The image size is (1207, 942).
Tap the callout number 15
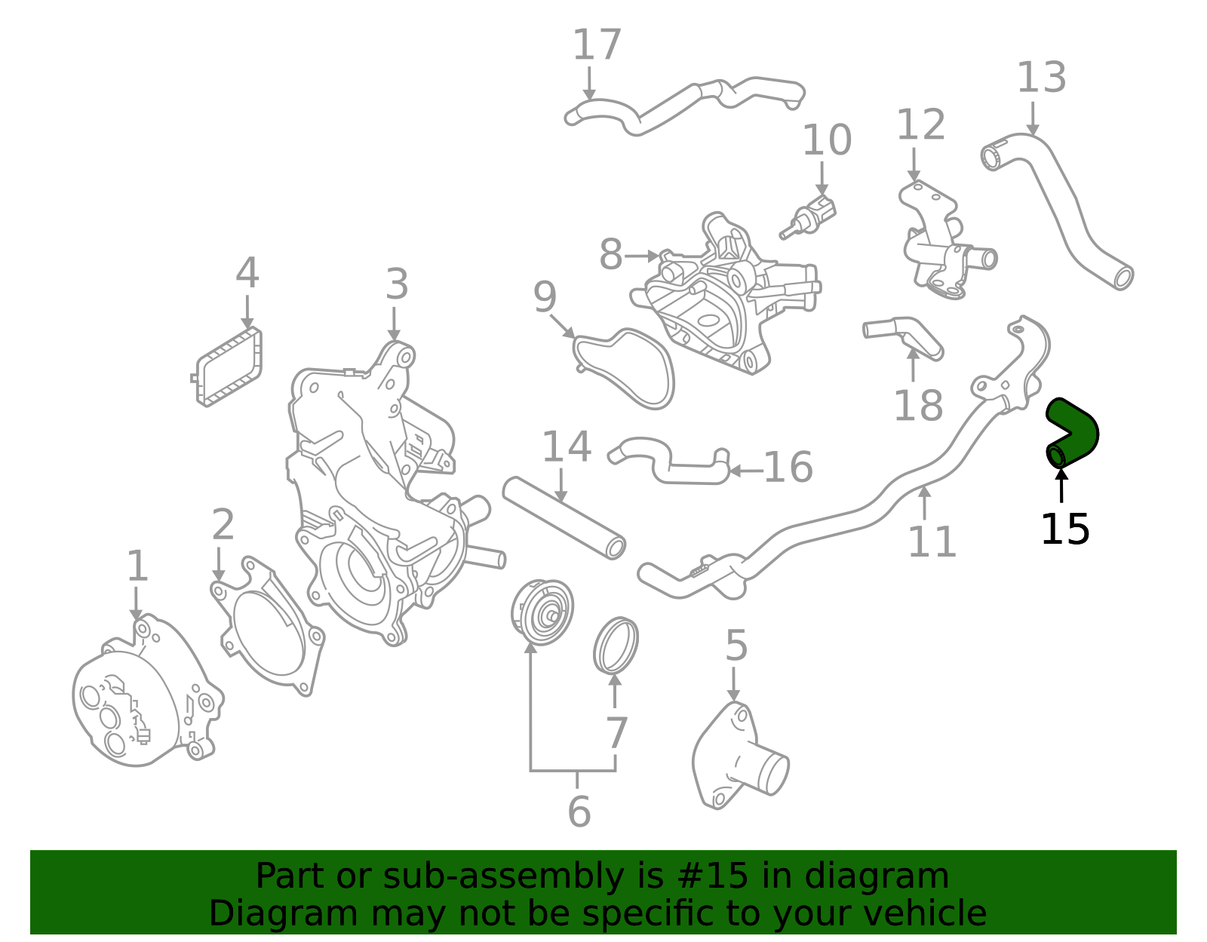[x=1064, y=529]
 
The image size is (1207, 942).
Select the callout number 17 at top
[x=597, y=45]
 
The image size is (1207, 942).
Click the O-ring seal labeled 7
[x=616, y=646]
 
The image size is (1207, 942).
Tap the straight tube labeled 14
[x=564, y=517]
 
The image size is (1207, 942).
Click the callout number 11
[x=932, y=542]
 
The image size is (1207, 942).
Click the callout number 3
[x=397, y=285]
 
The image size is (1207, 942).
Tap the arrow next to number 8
[x=642, y=256]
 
